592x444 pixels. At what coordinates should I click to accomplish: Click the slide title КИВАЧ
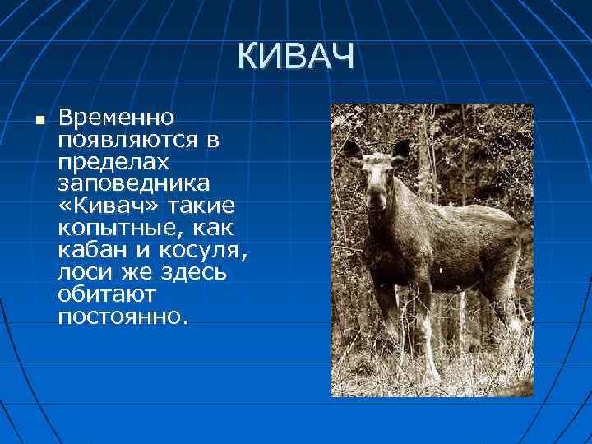pyautogui.click(x=297, y=58)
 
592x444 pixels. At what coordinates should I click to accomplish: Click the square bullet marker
pyautogui.click(x=39, y=121)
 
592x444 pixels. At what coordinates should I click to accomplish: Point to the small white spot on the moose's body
pyautogui.click(x=441, y=269)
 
